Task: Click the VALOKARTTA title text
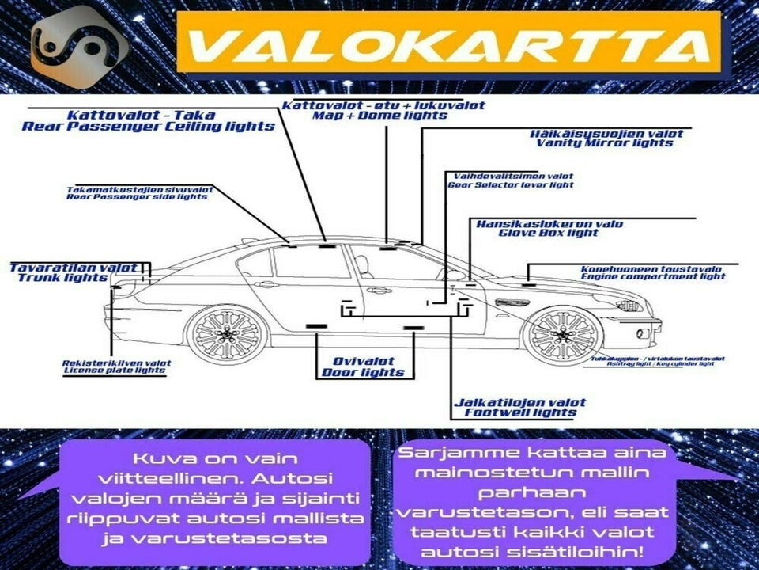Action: (447, 47)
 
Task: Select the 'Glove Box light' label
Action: (549, 233)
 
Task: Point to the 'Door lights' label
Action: (363, 372)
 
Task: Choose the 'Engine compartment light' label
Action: (653, 276)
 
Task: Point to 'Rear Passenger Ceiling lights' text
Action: (149, 126)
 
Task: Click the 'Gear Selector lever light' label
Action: (511, 184)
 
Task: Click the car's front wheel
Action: (563, 334)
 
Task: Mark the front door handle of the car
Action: (380, 290)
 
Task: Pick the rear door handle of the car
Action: (266, 283)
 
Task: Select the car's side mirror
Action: (455, 275)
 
